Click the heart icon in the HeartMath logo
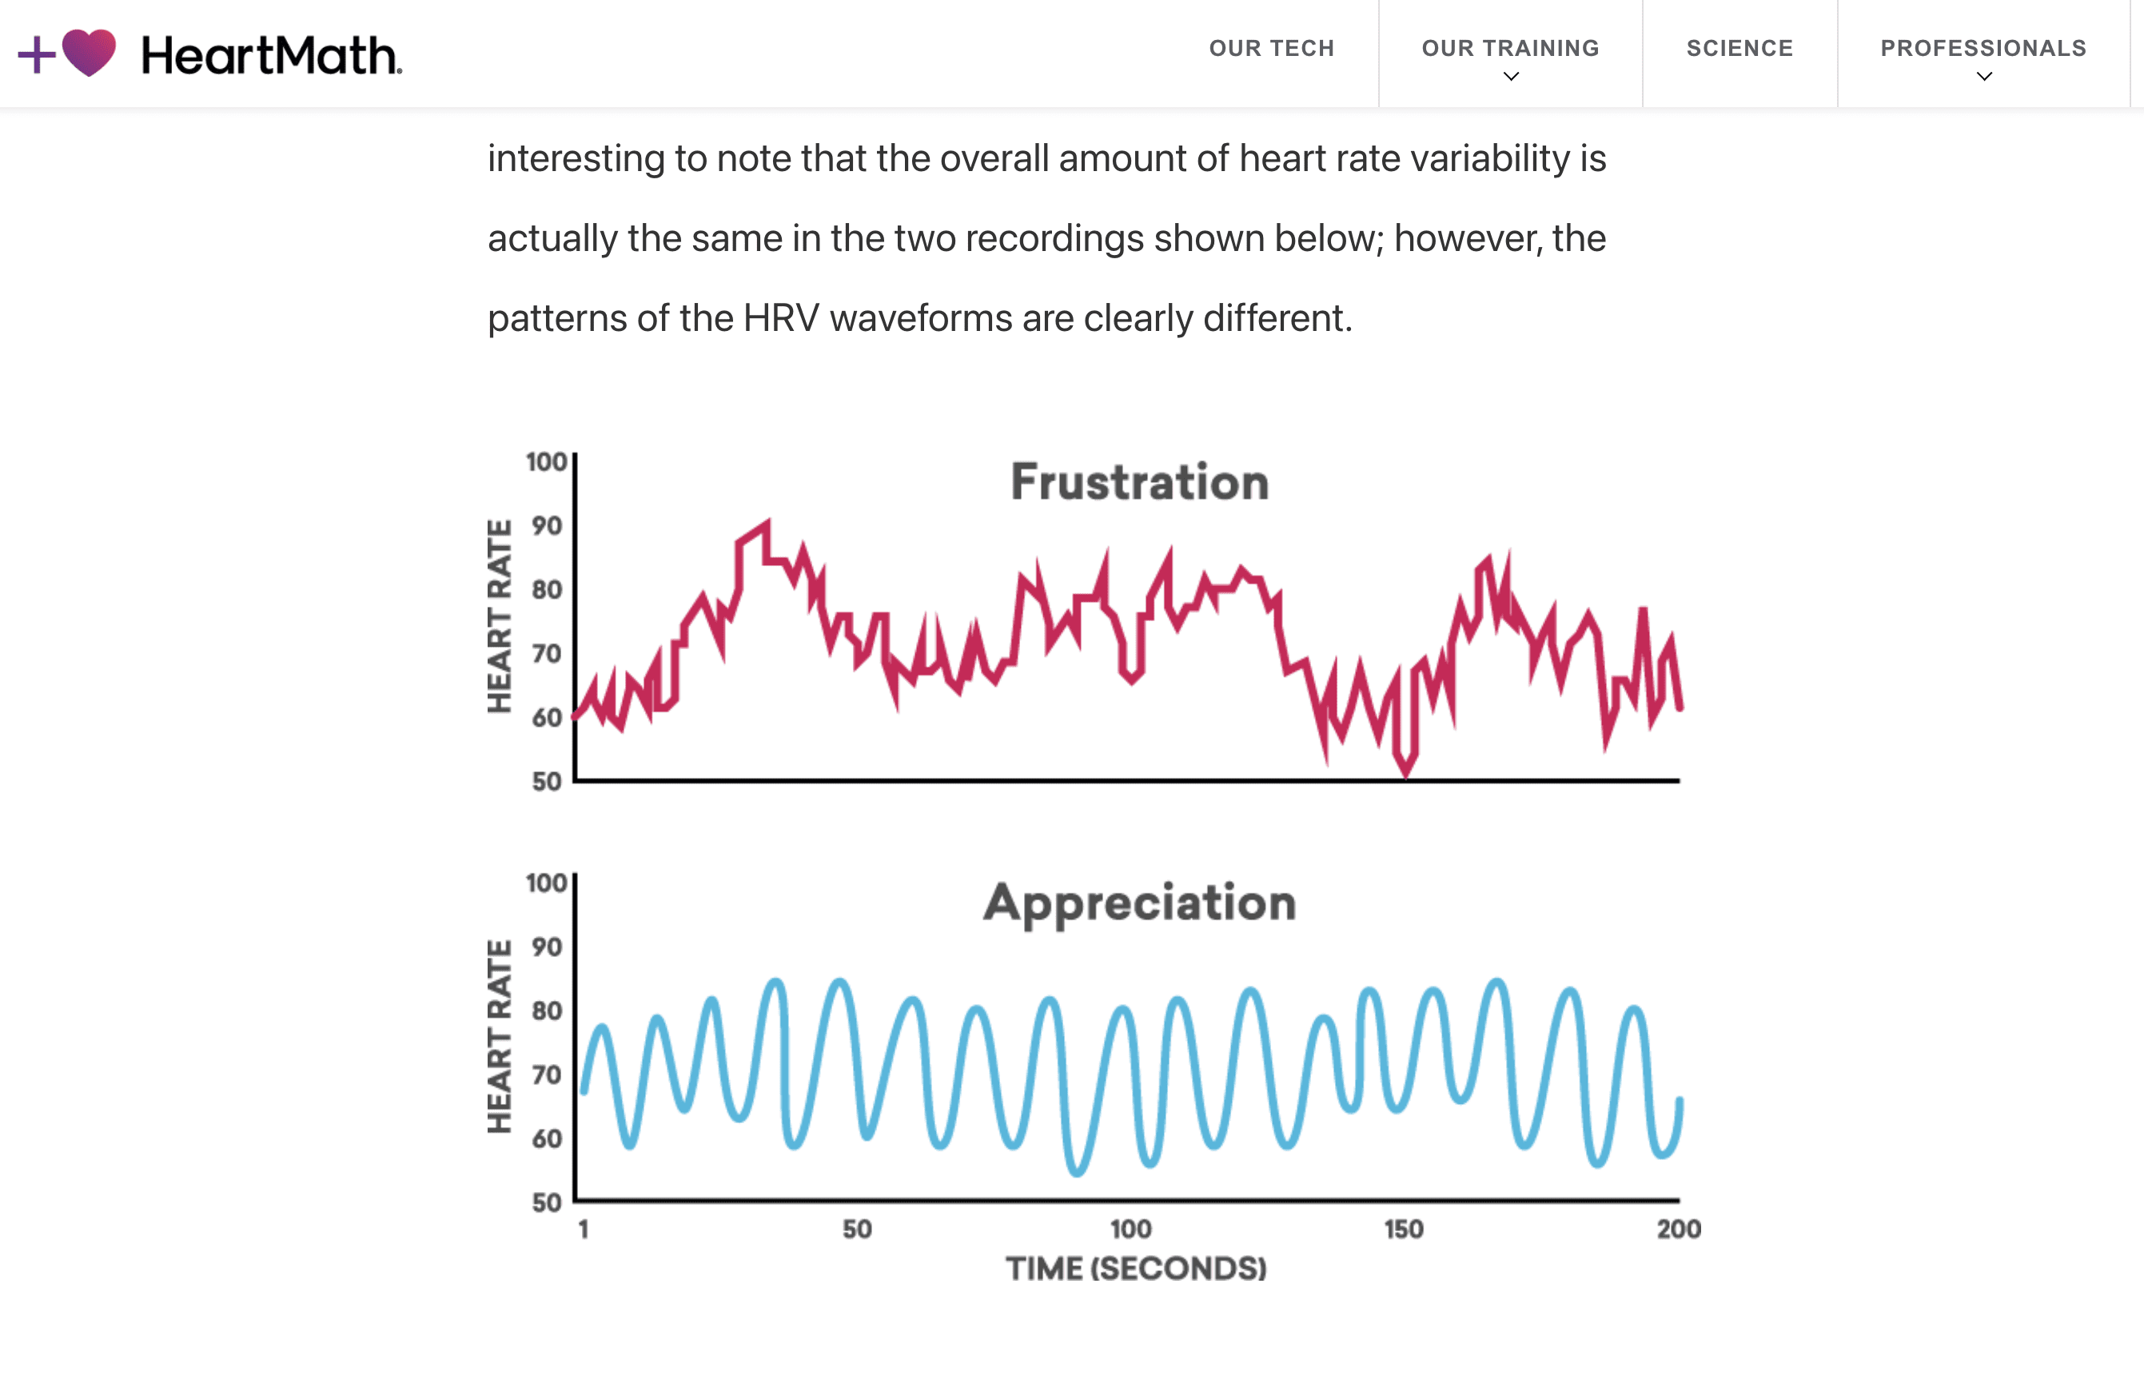(90, 52)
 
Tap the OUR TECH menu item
(1272, 49)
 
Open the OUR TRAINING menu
(1511, 49)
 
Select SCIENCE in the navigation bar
(1740, 49)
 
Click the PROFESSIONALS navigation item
(1983, 49)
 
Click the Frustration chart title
(1140, 481)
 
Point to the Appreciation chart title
(1140, 903)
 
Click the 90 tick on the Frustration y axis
(547, 525)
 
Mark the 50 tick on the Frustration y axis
(547, 781)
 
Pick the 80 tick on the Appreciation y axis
(547, 1010)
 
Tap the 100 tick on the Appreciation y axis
(547, 883)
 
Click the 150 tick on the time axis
(1404, 1230)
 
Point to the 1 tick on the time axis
(584, 1230)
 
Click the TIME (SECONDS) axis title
(1136, 1269)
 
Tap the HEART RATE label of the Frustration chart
(499, 616)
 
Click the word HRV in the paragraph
(781, 318)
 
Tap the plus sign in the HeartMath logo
(37, 54)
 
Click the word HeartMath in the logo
(272, 55)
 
